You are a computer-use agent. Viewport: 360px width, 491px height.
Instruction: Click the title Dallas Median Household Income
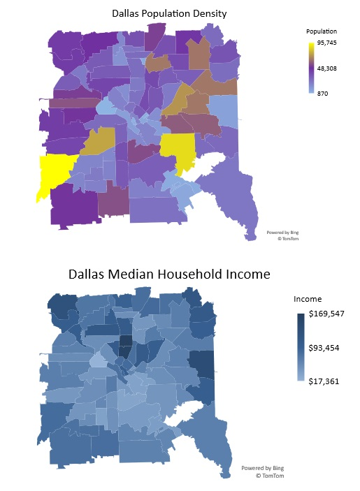pos(169,273)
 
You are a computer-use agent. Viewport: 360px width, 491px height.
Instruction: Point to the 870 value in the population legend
pos(323,93)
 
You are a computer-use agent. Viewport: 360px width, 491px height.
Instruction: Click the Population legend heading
pos(322,31)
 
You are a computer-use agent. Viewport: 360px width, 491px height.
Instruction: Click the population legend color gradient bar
pos(310,68)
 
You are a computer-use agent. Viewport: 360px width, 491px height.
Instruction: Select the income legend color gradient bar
pos(300,347)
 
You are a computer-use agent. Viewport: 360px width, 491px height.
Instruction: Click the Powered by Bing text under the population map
pos(282,232)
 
